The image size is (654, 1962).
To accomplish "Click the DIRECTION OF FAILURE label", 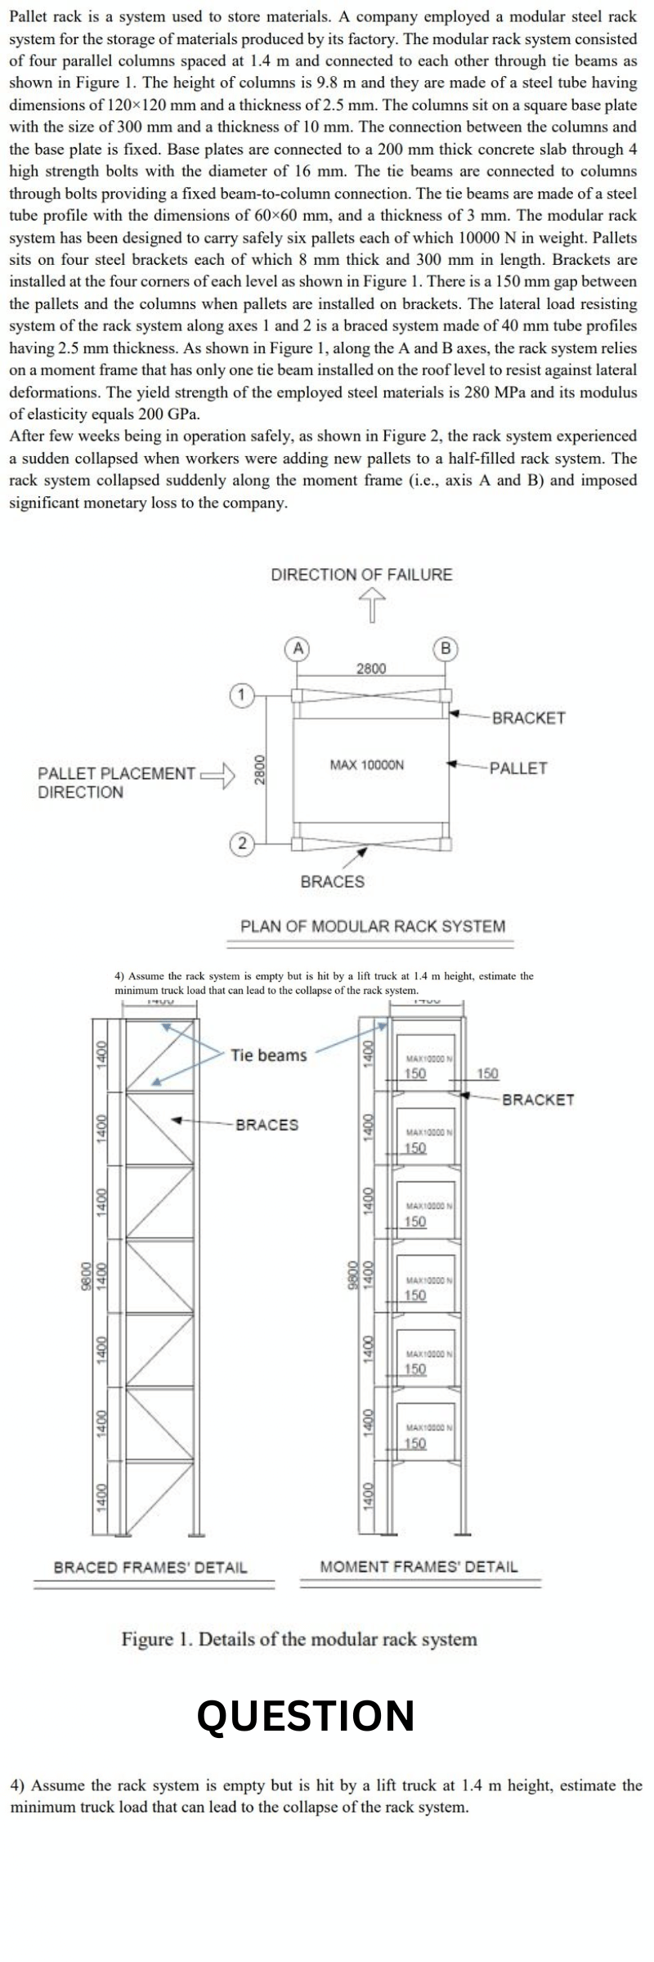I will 361,574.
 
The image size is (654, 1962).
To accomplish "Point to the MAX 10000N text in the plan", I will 366,765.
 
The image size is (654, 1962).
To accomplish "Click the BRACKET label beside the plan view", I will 529,718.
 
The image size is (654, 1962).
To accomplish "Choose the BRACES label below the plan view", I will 333,881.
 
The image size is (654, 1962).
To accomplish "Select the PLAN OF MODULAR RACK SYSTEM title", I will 373,926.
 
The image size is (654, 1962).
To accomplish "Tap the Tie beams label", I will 268,1055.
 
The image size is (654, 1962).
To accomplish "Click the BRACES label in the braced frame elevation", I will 267,1124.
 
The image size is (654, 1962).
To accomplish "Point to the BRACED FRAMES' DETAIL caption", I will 150,1567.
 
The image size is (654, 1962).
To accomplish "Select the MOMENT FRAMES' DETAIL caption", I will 419,1567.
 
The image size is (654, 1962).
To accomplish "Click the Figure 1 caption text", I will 299,1638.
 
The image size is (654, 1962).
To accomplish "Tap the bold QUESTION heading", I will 306,1716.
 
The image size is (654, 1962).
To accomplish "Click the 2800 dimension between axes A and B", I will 371,669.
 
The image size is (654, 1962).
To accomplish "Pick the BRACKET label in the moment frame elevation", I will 538,1100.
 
